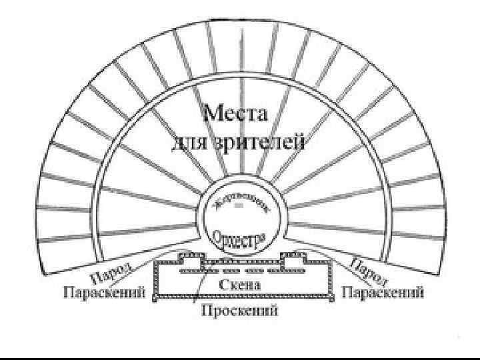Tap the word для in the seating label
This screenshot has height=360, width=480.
(x=189, y=143)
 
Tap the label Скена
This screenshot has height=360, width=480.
(x=239, y=285)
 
